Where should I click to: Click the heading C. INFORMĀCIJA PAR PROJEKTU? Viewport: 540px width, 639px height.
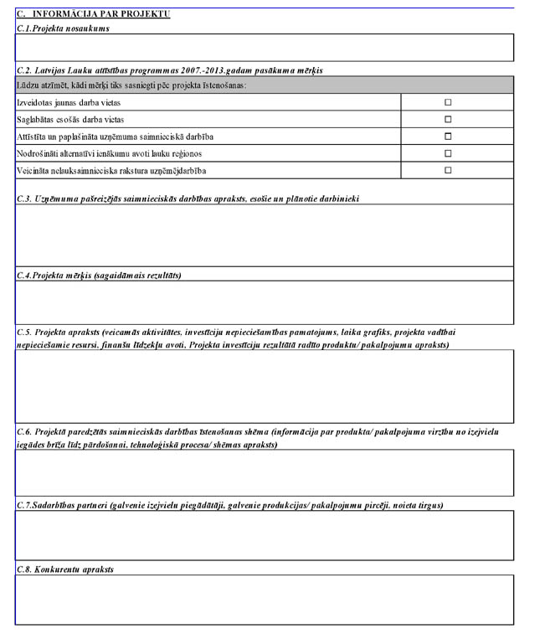coord(93,14)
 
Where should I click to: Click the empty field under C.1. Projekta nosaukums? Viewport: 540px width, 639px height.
coord(264,48)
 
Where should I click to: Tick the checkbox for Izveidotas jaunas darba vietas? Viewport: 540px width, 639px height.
coord(448,102)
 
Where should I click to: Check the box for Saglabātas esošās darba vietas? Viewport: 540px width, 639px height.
coord(448,119)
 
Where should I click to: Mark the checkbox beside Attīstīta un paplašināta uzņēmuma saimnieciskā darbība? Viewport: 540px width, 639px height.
coord(448,137)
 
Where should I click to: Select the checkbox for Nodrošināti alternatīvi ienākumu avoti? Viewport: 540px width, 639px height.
coord(448,153)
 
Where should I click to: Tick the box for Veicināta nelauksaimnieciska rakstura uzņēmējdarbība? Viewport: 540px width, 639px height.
coord(448,170)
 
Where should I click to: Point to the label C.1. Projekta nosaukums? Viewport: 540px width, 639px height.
coord(63,28)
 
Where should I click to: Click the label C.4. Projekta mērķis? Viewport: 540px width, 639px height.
coord(99,275)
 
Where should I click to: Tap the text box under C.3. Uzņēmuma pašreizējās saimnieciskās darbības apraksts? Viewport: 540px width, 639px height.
coord(264,235)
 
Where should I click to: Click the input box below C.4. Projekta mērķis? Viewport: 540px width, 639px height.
coord(264,302)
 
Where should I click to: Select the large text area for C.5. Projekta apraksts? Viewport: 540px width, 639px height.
coord(264,386)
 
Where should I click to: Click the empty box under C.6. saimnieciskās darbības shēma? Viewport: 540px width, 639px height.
coord(264,473)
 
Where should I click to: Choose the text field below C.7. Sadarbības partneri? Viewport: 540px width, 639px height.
coord(264,535)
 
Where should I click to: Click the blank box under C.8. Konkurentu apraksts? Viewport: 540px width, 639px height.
coord(264,600)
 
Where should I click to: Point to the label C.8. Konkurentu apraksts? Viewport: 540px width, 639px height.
coord(65,569)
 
